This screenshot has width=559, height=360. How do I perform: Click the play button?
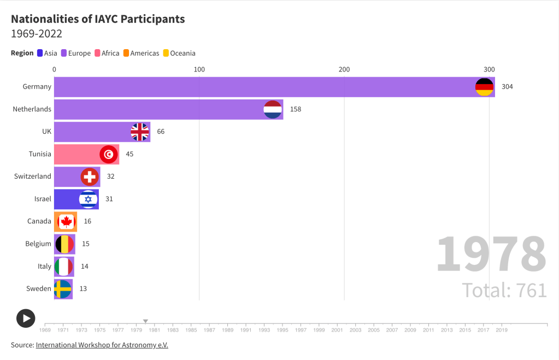[x=26, y=318]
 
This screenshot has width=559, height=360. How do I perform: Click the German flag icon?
[x=485, y=87]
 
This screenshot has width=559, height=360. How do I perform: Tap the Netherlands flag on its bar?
[x=273, y=109]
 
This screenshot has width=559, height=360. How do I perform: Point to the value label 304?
[x=507, y=87]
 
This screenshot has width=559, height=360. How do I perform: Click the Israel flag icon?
[x=88, y=199]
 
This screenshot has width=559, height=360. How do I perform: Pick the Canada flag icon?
[x=66, y=221]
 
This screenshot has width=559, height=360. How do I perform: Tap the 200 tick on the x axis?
[x=344, y=69]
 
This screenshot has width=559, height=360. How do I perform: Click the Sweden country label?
[x=39, y=288]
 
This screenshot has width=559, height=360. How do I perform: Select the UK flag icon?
[x=140, y=132]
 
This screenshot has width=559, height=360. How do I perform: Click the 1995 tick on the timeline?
[x=283, y=330]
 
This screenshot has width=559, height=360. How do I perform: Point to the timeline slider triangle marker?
[x=145, y=321]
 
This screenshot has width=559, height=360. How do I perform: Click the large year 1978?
[x=491, y=255]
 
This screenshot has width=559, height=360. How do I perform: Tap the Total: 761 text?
[x=504, y=290]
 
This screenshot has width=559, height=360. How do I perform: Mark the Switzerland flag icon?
[x=90, y=176]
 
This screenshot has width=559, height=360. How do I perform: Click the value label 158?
[x=296, y=109]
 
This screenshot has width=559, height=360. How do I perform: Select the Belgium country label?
[x=38, y=244]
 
